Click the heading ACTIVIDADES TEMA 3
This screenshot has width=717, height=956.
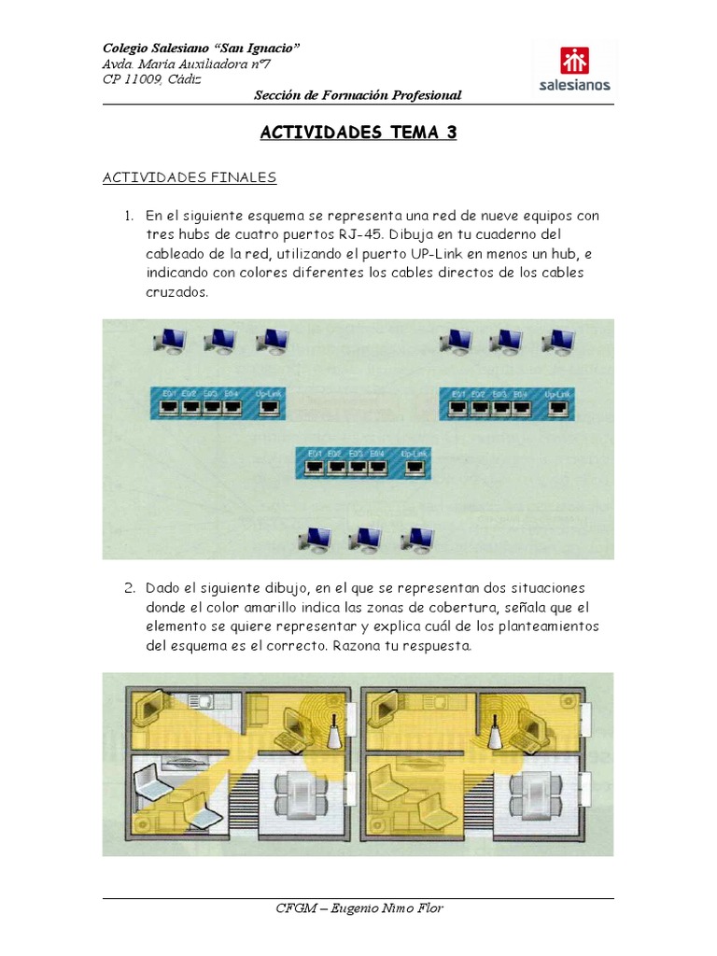(358, 133)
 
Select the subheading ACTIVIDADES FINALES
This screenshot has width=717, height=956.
(190, 176)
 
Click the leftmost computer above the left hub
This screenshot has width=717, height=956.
(169, 342)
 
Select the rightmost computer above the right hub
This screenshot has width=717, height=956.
(558, 342)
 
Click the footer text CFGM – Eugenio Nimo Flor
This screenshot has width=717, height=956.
(358, 908)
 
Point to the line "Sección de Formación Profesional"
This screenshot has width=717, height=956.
(358, 95)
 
